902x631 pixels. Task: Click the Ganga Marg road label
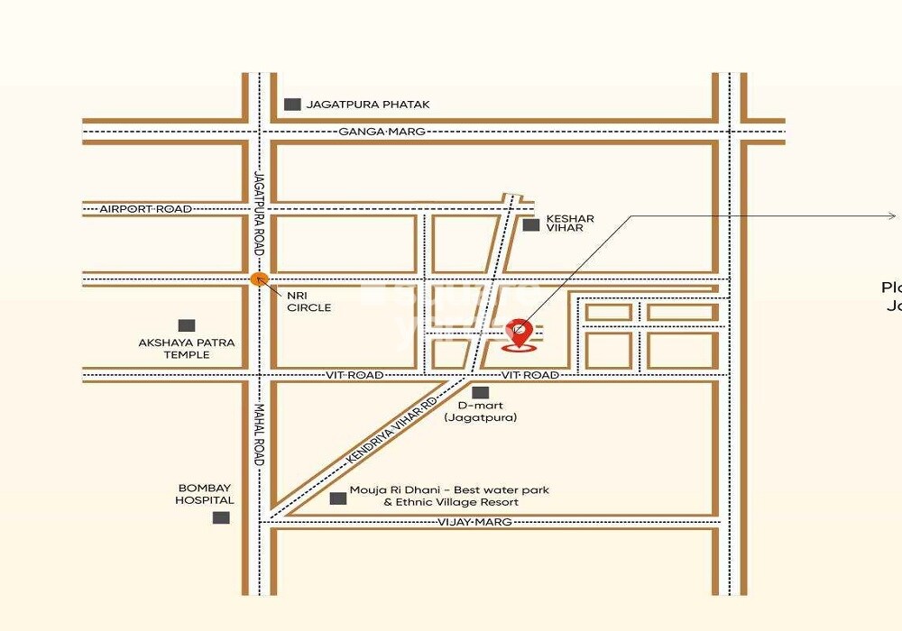[382, 132]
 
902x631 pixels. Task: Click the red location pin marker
[519, 332]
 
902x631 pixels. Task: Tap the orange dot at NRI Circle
[258, 279]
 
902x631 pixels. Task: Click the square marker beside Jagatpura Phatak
[292, 105]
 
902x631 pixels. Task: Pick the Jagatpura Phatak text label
[368, 105]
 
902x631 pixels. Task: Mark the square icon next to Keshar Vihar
[531, 224]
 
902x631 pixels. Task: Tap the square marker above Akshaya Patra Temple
[187, 325]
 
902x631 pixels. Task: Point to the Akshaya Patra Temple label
[187, 349]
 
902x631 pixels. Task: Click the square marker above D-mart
[481, 392]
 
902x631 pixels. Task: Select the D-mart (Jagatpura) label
[481, 412]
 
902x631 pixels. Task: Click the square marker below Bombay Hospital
[220, 517]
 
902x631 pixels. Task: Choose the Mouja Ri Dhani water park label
[449, 496]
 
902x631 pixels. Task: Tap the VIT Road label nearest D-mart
[529, 375]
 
